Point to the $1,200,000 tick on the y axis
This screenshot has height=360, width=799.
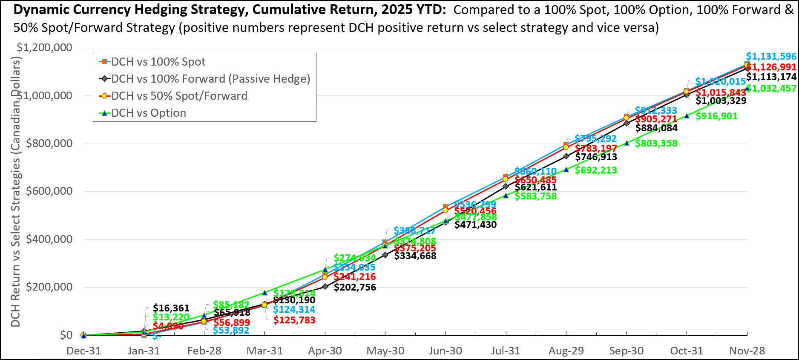[44, 47]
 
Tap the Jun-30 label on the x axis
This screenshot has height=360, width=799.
[445, 351]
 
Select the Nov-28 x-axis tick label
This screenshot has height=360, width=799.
[747, 351]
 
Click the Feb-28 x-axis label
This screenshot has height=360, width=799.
[204, 351]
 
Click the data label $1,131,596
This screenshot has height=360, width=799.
[771, 57]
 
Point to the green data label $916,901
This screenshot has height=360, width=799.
[716, 116]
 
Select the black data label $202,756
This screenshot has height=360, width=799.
[355, 287]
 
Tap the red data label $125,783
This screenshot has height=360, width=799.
[294, 320]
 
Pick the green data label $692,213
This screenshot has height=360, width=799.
[595, 170]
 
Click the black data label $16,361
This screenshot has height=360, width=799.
[171, 308]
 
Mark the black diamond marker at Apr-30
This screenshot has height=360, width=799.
[325, 287]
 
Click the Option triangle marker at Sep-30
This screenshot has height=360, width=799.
[627, 143]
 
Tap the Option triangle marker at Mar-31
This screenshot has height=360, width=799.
[264, 293]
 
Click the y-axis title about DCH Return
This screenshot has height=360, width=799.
[16, 192]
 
